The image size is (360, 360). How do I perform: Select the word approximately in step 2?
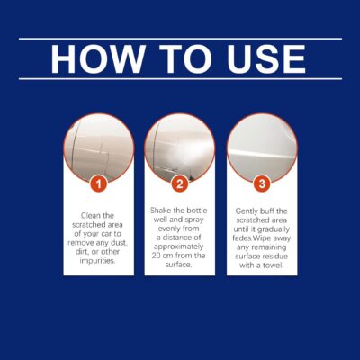point(180,246)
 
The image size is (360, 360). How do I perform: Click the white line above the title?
point(180,39)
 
